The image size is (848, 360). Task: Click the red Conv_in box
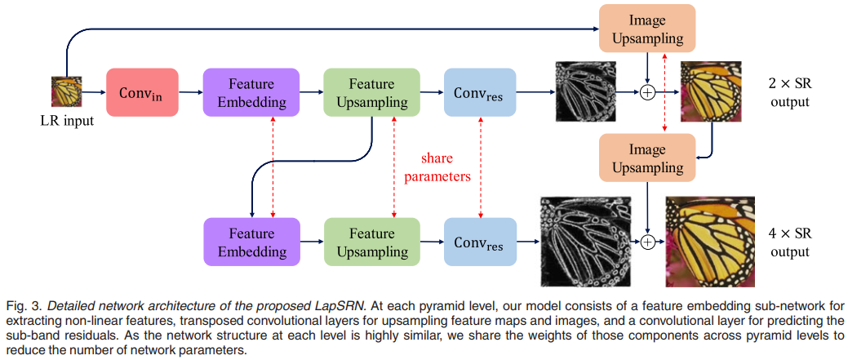point(141,92)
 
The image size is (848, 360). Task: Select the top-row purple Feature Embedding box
point(251,92)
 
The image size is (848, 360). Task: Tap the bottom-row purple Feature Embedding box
point(251,242)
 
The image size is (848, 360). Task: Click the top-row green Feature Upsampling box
point(371,92)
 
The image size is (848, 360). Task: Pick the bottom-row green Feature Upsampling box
point(371,242)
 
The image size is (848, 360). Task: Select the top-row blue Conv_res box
point(480,92)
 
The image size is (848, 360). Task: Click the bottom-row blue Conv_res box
point(480,242)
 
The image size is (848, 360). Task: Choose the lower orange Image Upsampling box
point(646,158)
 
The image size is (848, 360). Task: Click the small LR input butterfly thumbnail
point(65,92)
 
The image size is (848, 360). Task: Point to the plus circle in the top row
point(647,92)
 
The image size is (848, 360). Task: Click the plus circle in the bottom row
point(648,242)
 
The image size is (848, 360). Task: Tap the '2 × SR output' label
point(788,92)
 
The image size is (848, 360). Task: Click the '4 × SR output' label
point(788,242)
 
